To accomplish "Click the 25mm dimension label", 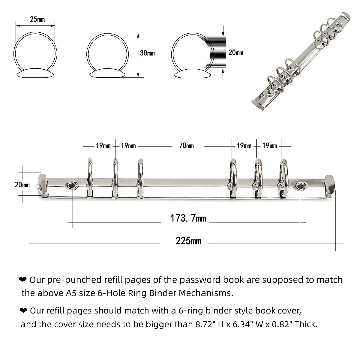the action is [37, 19].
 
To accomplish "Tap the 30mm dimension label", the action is [147, 53].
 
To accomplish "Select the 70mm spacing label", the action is [186, 146].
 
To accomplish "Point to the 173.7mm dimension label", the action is [188, 218].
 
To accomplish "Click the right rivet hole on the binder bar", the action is [300, 186].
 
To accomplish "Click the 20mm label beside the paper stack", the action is [235, 53].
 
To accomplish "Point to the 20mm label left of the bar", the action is [22, 185].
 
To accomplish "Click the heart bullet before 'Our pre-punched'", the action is [23, 280].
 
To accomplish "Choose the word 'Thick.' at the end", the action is [306, 324].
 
